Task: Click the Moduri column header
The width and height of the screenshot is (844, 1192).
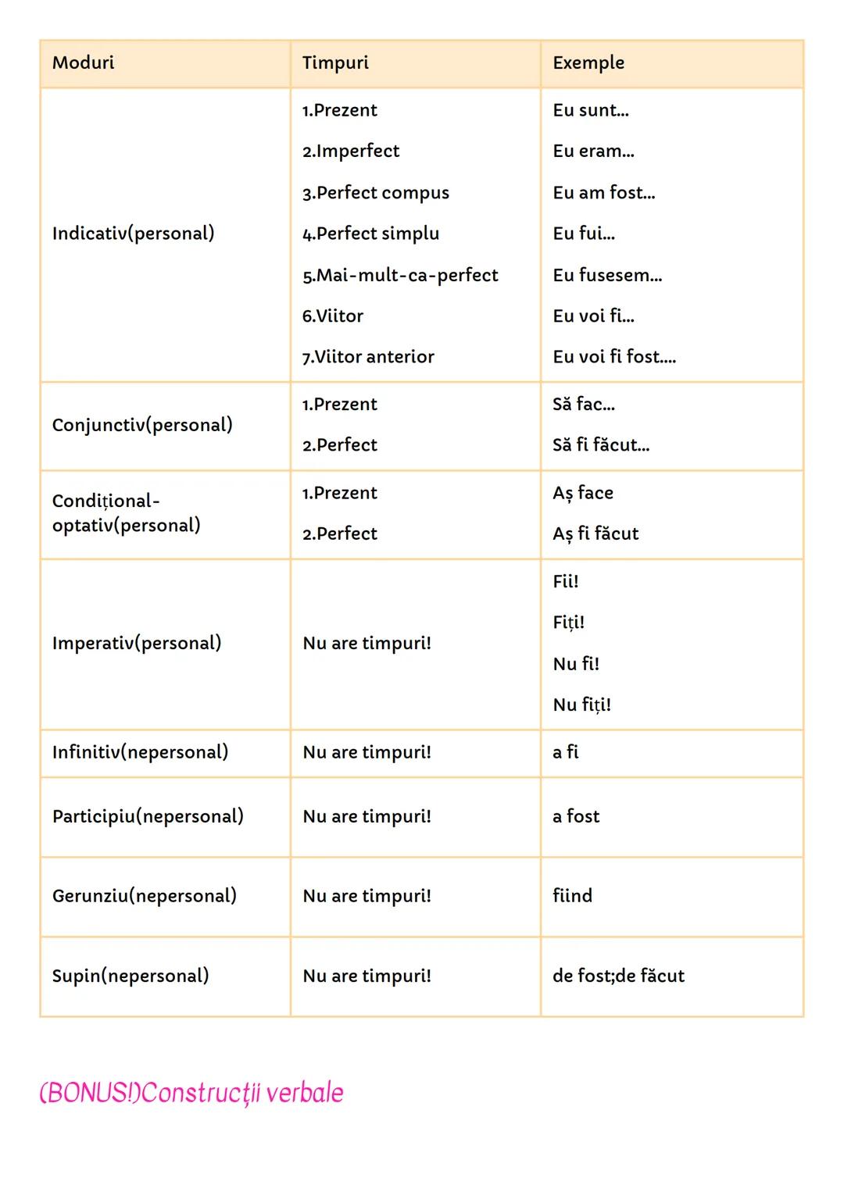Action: point(83,63)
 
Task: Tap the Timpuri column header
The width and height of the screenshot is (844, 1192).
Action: point(335,63)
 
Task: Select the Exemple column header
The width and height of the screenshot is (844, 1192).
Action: point(588,63)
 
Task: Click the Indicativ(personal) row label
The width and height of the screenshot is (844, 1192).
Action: point(133,234)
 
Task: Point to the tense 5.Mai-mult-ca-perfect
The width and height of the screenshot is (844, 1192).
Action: point(400,275)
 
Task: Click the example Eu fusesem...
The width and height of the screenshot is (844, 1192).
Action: point(607,275)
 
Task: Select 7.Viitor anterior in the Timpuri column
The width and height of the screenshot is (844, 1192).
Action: point(368,357)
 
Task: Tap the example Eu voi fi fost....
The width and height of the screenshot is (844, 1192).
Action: point(614,357)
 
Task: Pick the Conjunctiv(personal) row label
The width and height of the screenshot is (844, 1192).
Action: point(142,425)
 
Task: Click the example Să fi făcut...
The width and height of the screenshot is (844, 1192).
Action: point(601,445)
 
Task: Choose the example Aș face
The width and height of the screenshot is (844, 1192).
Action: point(583,493)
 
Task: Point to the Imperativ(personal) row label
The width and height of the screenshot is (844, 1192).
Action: point(137,644)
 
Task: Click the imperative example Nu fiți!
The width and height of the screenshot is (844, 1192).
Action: point(581,705)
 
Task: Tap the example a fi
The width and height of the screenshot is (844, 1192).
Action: point(566,752)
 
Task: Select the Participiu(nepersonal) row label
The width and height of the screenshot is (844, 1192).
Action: point(148,817)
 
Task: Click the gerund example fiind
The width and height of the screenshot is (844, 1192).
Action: point(572,896)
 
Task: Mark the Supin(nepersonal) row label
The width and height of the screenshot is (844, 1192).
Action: point(131,976)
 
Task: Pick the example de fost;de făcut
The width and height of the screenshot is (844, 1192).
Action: point(618,976)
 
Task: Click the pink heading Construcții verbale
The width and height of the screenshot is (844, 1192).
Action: point(191,1093)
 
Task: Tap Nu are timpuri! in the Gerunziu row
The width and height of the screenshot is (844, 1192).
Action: point(367,896)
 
